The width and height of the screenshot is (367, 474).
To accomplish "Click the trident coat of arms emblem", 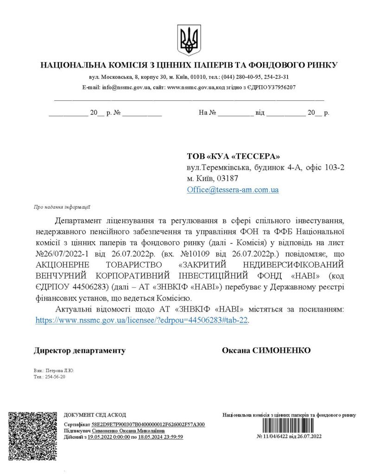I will point(189,40).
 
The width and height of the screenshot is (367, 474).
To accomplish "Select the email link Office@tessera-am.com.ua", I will point(233,190).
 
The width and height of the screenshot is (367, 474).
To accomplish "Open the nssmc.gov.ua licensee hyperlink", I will point(142,319).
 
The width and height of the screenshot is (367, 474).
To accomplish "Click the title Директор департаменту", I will point(80,350).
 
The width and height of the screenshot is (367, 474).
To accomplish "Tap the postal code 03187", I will point(236,178).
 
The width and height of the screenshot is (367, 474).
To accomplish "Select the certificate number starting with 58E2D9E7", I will point(148,424).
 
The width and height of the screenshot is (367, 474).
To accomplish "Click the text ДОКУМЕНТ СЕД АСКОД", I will point(95,415).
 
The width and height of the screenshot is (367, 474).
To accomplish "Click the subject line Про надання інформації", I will point(62,207).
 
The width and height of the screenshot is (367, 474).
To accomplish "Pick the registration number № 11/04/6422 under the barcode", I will point(289,437).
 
